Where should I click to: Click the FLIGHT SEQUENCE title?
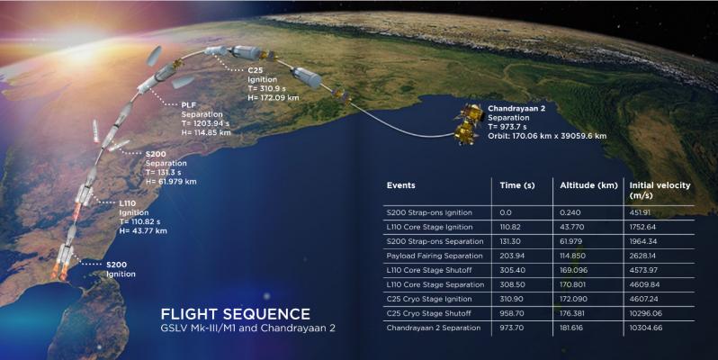pos(236,314)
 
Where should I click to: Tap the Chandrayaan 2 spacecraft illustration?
pos(469,124)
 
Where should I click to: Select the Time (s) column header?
pos(517,185)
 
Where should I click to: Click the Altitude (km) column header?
pos(588,185)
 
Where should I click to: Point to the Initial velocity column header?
pos(660,190)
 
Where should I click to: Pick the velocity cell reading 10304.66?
pos(646,328)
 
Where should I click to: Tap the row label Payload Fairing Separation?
pos(434,256)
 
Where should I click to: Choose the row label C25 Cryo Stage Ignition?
pos(429,299)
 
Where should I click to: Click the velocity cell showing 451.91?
pos(640,212)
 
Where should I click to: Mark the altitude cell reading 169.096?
pos(573,270)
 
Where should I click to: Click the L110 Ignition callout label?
pos(134,208)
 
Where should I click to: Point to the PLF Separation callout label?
pos(202,110)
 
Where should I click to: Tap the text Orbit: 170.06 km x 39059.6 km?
pos(547,136)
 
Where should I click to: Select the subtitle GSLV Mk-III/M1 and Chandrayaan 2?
pos(247,328)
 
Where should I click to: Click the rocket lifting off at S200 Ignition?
pos(64,262)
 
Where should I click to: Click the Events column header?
pos(400,185)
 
